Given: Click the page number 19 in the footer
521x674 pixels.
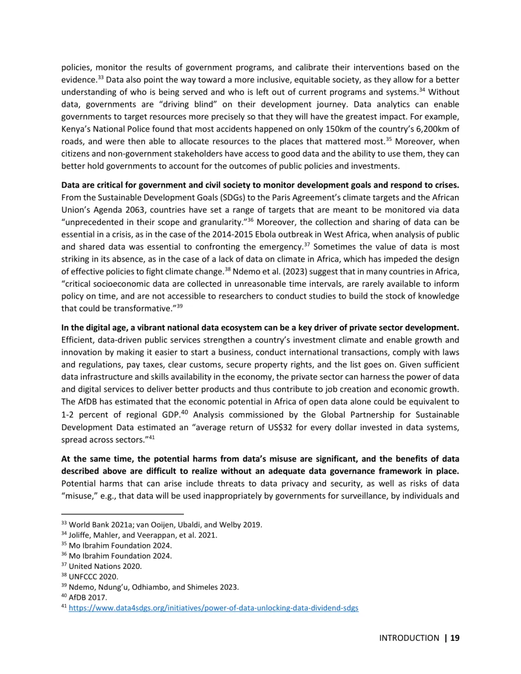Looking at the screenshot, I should pos(454,638).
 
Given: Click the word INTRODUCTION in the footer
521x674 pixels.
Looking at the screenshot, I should pos(409,638).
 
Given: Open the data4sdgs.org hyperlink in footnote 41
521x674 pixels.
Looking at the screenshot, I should pos(213,608).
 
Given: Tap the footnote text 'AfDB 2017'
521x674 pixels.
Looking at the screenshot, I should pos(88,597).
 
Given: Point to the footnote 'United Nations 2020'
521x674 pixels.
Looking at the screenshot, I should pos(105,566).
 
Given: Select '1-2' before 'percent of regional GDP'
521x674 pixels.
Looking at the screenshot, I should pos(67,415).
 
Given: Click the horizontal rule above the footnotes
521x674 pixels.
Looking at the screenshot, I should pos(123,514).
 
